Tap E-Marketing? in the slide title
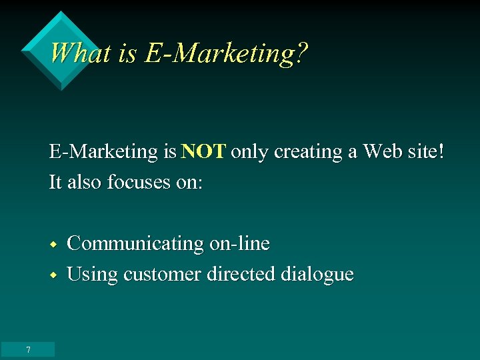(x=227, y=53)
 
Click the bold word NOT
(x=204, y=152)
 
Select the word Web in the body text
(x=383, y=152)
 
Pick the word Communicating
(x=135, y=244)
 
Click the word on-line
(x=240, y=244)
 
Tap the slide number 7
(x=28, y=350)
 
